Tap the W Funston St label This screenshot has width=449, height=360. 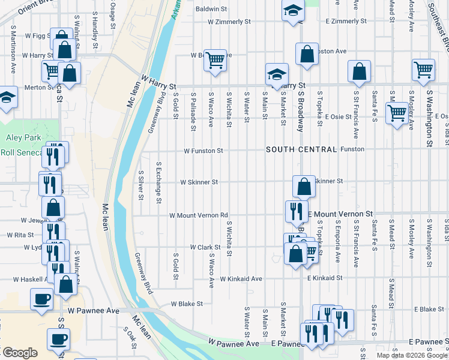tap(203, 151)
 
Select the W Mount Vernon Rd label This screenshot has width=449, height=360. tap(199, 215)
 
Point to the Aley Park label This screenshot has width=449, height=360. tap(22, 137)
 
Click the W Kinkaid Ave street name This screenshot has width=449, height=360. tap(241, 279)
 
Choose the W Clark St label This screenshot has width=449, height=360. tap(206, 247)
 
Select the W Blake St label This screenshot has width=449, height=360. tap(187, 304)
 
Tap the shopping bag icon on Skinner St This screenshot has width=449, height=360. tap(304, 187)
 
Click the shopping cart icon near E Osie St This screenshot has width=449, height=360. tap(397, 112)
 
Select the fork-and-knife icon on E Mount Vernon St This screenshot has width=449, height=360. tap(297, 211)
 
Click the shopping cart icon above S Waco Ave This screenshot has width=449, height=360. tap(214, 60)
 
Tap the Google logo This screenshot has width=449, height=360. tap(19, 353)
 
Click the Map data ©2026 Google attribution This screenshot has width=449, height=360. tap(412, 355)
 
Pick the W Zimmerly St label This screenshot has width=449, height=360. tap(229, 22)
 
